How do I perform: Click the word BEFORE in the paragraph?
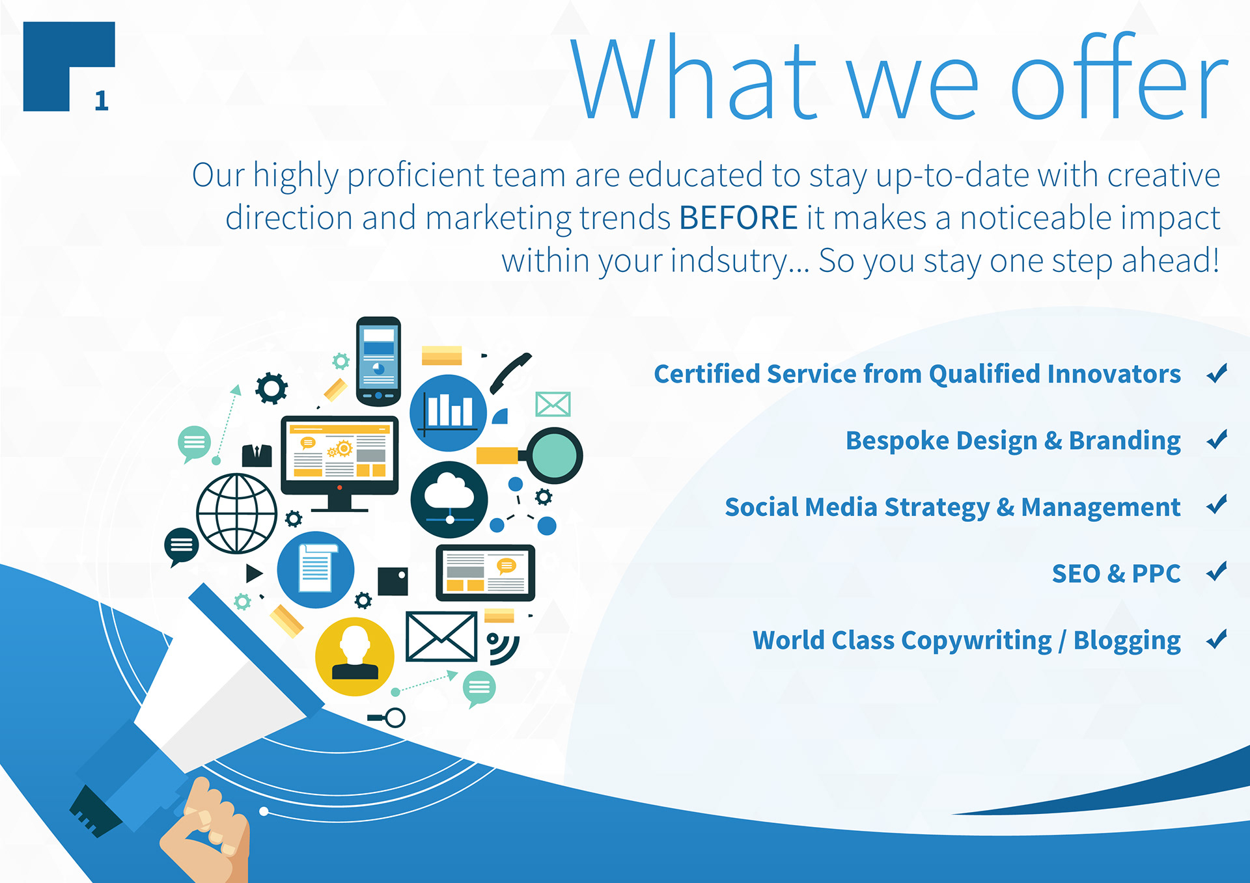(738, 217)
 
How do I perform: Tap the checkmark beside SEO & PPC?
(1216, 571)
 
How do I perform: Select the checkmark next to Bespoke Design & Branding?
(1216, 439)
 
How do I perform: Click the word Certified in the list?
(706, 374)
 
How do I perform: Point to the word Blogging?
(1127, 641)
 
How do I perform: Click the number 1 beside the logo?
(102, 100)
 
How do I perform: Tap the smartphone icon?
(378, 362)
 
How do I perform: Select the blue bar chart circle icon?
(448, 413)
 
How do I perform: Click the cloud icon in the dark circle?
(449, 499)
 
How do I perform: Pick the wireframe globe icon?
(237, 513)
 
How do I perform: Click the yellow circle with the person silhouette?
(355, 657)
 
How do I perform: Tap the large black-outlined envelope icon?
(441, 636)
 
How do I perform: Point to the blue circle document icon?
(316, 570)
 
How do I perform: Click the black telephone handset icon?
(510, 374)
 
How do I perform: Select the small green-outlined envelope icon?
(553, 404)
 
